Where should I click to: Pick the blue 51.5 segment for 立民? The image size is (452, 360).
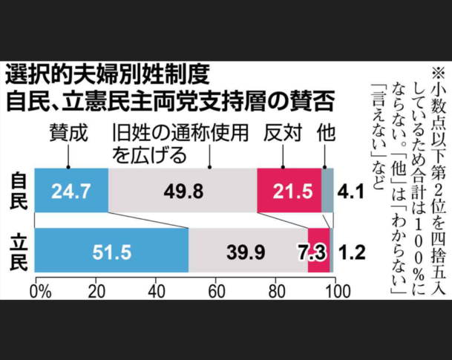click(x=112, y=252)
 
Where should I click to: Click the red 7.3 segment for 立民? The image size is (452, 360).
click(x=318, y=252)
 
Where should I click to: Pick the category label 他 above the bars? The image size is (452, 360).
click(x=325, y=134)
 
